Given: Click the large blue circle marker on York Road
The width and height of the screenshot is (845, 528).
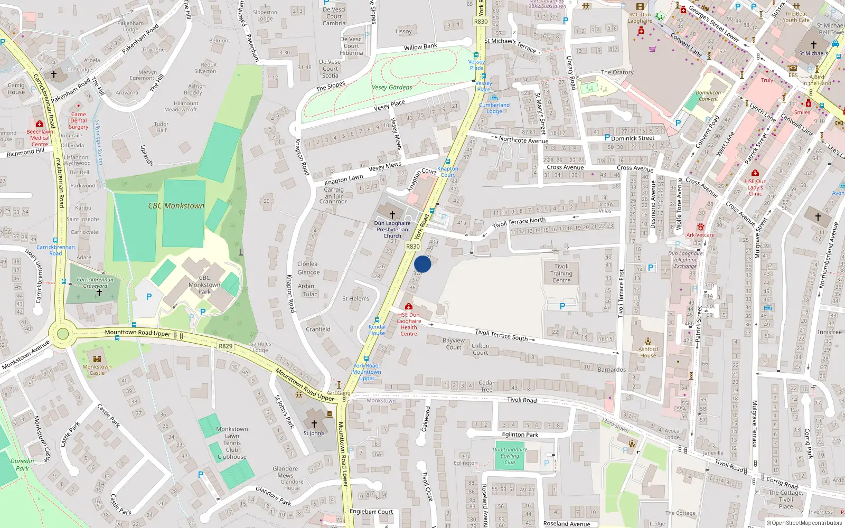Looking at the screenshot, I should coord(422,264).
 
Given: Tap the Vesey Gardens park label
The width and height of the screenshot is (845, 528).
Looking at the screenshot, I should coord(392,87).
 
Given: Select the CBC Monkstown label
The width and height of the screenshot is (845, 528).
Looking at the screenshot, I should coord(176,206).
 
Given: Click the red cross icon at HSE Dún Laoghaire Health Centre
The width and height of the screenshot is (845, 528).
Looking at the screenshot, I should coord(408,306).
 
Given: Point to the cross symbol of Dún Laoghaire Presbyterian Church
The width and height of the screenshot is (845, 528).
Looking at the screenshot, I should coord(392,215).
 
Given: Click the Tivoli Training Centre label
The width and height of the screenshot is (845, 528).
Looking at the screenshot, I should coord(561,274).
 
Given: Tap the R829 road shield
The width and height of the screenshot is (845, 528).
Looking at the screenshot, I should coord(226,346).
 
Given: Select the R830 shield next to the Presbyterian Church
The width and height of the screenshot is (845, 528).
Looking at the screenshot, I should coord(412,247).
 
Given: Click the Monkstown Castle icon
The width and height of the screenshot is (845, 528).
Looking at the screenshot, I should coord(97,359).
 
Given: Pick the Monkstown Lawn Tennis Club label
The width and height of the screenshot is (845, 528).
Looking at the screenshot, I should coord(232,443).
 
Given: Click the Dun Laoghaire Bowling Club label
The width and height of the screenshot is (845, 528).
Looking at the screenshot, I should coord(510,456).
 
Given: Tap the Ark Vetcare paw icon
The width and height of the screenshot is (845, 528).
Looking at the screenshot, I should coord(700,227).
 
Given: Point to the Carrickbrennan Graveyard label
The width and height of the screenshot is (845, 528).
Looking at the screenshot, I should coord(95,282).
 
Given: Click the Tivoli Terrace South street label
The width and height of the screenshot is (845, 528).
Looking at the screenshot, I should coord(501,335).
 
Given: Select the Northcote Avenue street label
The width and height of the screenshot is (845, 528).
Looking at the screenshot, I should coord(523,140).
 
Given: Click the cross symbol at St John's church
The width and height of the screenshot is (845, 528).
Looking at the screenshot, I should coord(314,424).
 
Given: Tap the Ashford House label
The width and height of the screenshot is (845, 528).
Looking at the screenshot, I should coord(648,352).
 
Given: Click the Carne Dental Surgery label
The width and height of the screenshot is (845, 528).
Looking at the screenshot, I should coord(79,120).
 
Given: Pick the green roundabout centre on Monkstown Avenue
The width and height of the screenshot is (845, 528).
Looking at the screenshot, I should coord(63,334).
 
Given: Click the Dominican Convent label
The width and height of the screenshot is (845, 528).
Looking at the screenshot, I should coord(708,96).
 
